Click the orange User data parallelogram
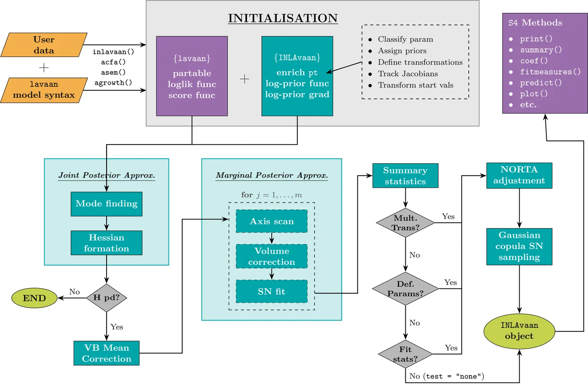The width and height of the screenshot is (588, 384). click(x=44, y=45)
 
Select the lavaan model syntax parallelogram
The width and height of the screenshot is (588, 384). click(x=44, y=90)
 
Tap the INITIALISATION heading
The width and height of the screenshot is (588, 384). click(x=283, y=18)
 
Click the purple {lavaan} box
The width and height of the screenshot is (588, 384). click(x=192, y=76)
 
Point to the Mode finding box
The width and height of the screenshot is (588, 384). click(x=106, y=204)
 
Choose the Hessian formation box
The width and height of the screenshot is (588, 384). click(x=106, y=243)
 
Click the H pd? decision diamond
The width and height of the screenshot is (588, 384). click(x=107, y=298)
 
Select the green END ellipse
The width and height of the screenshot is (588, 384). click(x=35, y=298)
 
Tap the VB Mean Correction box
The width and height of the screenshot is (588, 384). click(x=106, y=353)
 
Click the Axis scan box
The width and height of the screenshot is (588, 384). click(x=272, y=221)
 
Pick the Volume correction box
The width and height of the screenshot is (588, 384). click(x=272, y=256)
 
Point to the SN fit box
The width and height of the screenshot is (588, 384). click(x=272, y=291)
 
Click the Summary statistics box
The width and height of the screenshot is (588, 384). click(x=405, y=176)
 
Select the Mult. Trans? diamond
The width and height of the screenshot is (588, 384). click(x=405, y=223)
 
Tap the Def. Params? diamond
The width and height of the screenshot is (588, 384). click(x=405, y=288)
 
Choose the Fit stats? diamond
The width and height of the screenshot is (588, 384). click(x=405, y=354)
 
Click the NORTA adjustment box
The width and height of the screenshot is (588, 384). click(x=519, y=176)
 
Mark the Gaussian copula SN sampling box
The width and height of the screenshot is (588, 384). click(x=519, y=247)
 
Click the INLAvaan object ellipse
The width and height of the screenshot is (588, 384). click(x=519, y=331)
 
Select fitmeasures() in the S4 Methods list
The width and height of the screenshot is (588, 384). click(x=550, y=72)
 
